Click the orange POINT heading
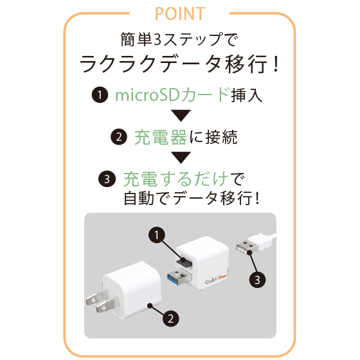click(x=180, y=14)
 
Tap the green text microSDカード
click(x=172, y=94)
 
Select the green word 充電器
click(x=161, y=137)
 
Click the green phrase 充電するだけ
click(x=175, y=179)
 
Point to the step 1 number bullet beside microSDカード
click(x=100, y=94)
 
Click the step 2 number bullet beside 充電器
click(x=119, y=137)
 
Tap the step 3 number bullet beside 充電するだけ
click(x=107, y=179)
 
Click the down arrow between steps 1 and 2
click(x=181, y=116)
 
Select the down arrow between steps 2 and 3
click(x=181, y=157)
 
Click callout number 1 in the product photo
click(x=157, y=235)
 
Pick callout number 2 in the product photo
click(x=171, y=319)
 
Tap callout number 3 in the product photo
click(x=257, y=280)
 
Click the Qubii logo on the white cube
click(x=216, y=279)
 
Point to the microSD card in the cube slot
click(x=184, y=261)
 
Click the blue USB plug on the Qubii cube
click(x=180, y=277)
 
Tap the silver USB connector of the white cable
click(x=248, y=247)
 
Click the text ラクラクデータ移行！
click(x=180, y=64)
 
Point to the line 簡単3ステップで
click(x=180, y=39)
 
